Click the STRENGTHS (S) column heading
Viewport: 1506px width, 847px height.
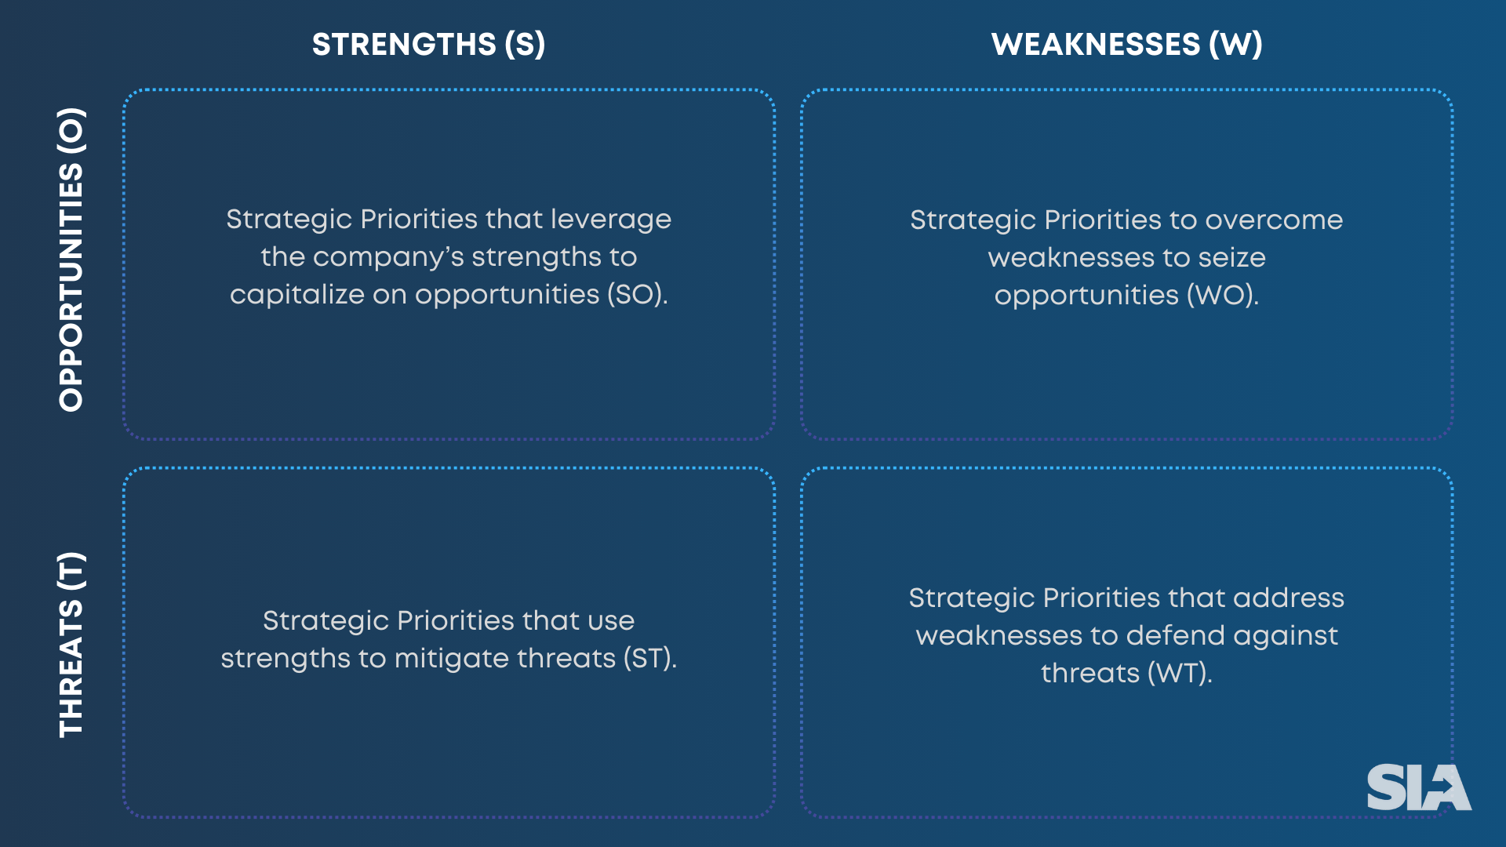click(x=428, y=45)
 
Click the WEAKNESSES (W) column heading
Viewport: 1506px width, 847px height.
click(x=1126, y=45)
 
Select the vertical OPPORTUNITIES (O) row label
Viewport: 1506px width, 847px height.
click(x=71, y=260)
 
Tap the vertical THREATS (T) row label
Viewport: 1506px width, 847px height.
click(x=71, y=645)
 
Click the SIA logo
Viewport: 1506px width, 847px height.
click(x=1418, y=787)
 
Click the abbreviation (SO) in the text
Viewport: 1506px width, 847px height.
click(x=637, y=295)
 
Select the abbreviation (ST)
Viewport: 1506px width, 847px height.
click(x=649, y=659)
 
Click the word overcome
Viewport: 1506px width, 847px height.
click(x=1274, y=220)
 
